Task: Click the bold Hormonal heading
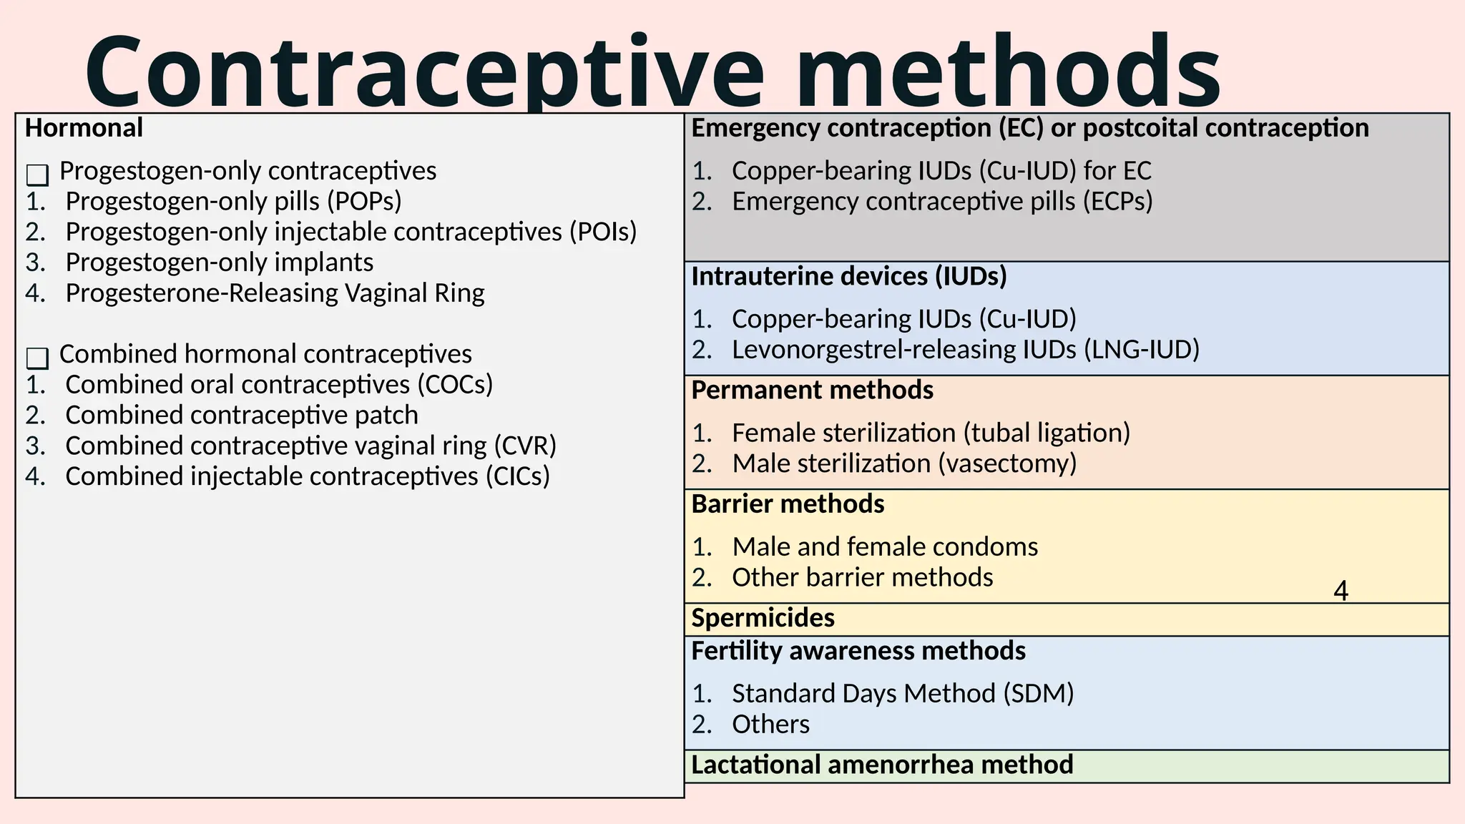(84, 128)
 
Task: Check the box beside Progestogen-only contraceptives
(37, 175)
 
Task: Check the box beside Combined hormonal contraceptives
(37, 358)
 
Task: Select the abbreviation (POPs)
(364, 202)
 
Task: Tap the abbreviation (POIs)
(602, 232)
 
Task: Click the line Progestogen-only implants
(219, 263)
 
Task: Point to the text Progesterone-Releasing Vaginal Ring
(275, 293)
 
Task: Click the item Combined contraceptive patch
(242, 416)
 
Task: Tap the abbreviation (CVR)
(524, 446)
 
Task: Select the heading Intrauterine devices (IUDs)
(848, 276)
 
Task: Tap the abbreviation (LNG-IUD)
(1141, 350)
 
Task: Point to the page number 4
(1341, 592)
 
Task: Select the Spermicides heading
(763, 618)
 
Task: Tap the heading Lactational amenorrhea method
(881, 765)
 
